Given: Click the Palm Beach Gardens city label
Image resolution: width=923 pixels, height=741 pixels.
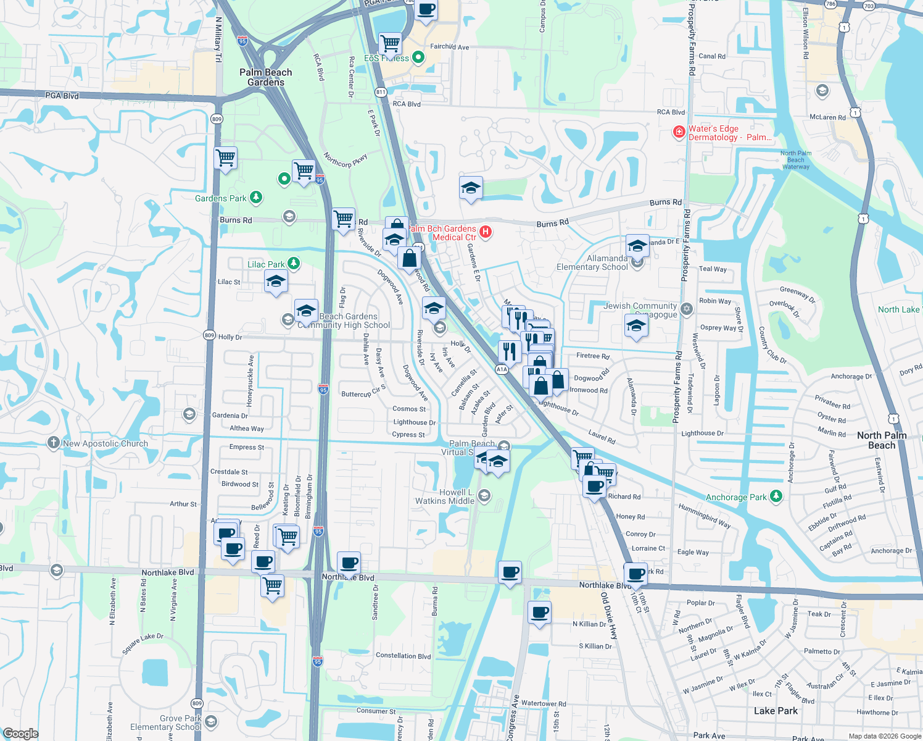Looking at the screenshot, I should [x=266, y=77].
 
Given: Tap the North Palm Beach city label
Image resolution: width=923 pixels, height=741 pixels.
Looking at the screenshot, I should [x=882, y=440].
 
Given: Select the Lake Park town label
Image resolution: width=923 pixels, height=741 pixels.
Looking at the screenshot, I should [x=776, y=711].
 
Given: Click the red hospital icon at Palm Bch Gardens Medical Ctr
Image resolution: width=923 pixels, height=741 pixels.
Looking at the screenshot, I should [x=486, y=232].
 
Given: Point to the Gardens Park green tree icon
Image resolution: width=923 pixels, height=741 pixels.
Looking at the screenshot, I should [x=255, y=198].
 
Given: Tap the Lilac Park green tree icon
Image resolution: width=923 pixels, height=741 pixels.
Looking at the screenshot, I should [x=294, y=264].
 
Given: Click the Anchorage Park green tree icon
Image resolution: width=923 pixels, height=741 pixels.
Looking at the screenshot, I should [x=776, y=496].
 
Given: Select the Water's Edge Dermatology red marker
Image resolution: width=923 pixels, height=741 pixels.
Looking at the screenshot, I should [x=679, y=132].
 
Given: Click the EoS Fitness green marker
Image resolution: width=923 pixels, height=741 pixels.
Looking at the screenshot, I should [x=418, y=57].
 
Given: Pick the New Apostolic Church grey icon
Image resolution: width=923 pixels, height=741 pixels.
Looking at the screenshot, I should [x=54, y=443].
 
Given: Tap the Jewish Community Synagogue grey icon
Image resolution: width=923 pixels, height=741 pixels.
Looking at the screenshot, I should [x=687, y=308].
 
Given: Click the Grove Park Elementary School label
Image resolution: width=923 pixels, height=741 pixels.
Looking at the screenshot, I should [x=165, y=722].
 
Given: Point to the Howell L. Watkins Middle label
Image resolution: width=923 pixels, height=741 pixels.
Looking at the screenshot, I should [x=444, y=496].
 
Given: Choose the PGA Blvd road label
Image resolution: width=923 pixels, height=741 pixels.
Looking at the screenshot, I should [x=62, y=96].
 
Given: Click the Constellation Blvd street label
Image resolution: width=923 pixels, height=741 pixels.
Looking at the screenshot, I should [x=403, y=656].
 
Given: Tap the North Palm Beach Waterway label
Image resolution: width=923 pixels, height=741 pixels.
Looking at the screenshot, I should [x=796, y=160].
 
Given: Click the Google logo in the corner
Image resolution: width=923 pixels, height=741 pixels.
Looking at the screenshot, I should [x=21, y=734].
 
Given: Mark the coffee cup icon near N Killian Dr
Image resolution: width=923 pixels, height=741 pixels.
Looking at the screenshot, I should [x=539, y=613].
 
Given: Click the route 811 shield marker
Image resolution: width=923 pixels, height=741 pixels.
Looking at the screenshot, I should [x=380, y=92].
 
